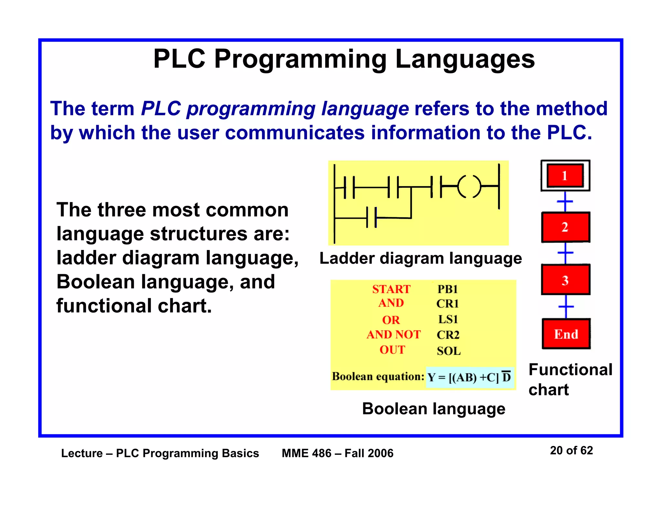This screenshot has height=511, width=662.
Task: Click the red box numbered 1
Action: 565,175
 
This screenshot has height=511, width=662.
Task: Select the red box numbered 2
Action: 565,227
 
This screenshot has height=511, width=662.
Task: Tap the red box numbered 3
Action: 565,280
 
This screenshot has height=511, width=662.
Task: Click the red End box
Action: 566,334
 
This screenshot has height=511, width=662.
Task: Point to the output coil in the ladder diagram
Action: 469,186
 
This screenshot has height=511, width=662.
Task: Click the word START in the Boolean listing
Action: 391,289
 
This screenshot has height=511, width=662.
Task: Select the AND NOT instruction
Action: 393,334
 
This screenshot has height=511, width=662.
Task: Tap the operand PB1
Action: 448,289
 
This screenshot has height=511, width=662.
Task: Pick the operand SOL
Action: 449,351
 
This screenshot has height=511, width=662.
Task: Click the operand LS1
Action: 448,319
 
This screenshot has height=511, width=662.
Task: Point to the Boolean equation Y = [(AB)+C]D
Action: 469,377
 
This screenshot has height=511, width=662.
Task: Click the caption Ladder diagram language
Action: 421,258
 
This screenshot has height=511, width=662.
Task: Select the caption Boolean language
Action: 433,409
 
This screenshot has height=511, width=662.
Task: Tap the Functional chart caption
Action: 570,379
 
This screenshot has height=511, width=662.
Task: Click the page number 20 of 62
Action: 571,450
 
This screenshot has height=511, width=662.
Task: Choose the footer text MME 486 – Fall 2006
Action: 337,453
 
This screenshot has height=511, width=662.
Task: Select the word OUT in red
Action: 392,350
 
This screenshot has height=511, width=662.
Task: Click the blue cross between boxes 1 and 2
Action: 565,202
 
